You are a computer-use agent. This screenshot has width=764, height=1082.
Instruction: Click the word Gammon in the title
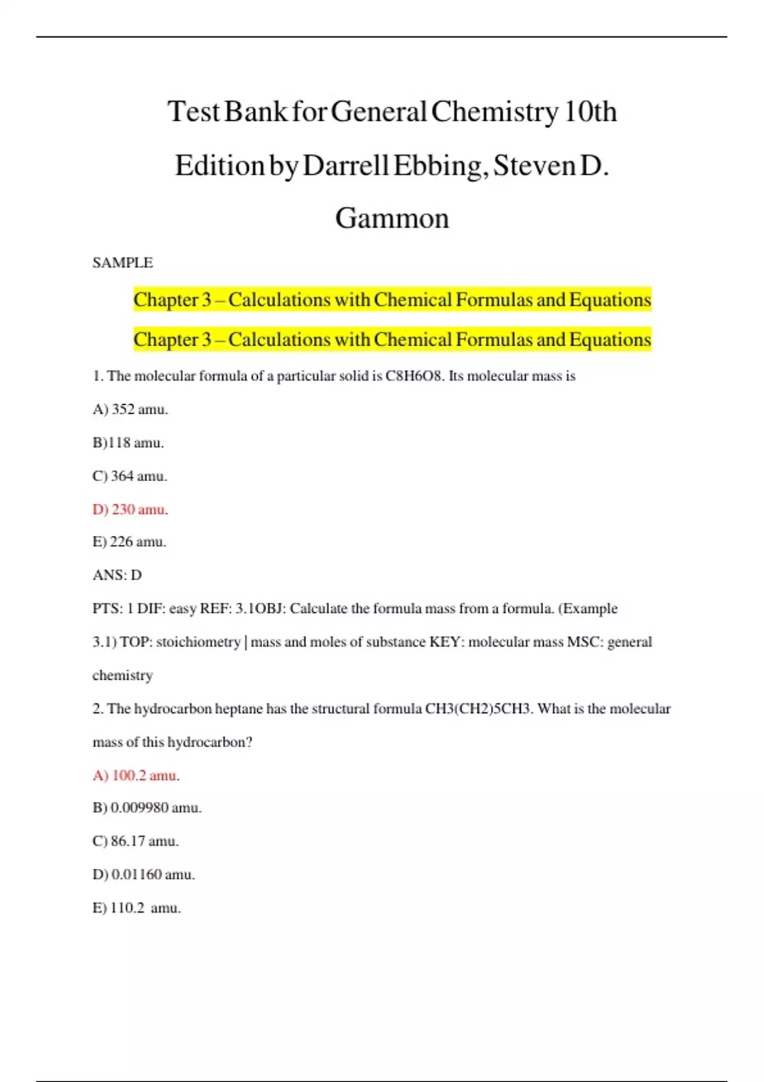pos(392,218)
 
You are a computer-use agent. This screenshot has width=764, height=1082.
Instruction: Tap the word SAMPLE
pos(123,263)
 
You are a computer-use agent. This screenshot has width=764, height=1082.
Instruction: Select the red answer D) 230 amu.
pos(131,509)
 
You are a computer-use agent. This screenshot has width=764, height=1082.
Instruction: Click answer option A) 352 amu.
pos(131,409)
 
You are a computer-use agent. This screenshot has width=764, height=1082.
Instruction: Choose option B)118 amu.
pos(128,442)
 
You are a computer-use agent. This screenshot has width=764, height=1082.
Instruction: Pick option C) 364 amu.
pos(130,476)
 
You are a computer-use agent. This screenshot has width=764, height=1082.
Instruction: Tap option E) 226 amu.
pos(129,542)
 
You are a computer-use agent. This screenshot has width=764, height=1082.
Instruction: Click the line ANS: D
pos(117,575)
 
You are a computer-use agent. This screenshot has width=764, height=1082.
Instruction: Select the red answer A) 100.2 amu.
pos(136,775)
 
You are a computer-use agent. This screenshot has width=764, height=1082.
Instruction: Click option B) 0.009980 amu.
pos(147,808)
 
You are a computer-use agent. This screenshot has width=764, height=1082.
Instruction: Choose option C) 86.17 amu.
pos(136,841)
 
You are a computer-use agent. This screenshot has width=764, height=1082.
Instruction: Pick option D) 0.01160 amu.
pos(144,875)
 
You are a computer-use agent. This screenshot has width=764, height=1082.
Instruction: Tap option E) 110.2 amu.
pos(137,908)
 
